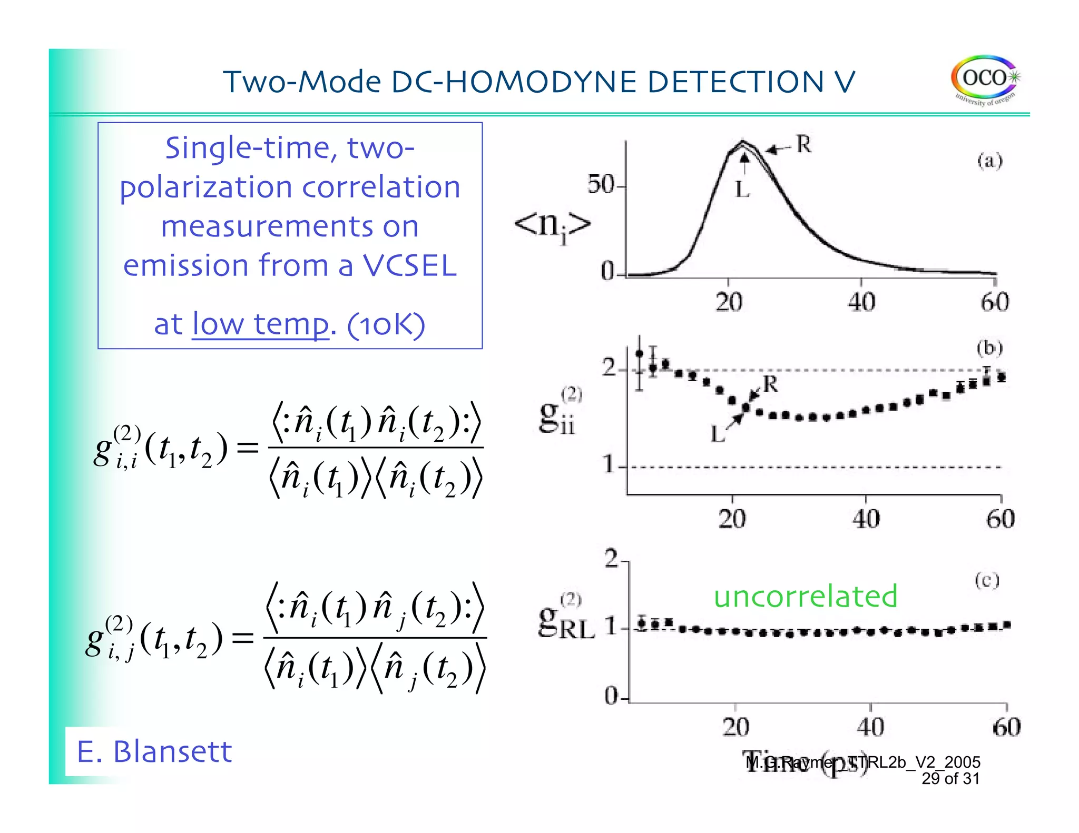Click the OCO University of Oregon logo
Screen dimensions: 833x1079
[985, 80]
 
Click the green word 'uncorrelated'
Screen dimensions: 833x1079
[805, 596]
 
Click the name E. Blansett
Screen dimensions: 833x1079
[154, 751]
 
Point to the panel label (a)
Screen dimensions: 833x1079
[989, 160]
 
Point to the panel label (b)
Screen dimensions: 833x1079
[989, 348]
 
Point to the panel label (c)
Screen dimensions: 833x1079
[986, 580]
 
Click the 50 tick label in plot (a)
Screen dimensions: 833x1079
[602, 185]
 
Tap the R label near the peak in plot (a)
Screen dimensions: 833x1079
[803, 144]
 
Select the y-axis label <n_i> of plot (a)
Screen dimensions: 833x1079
[552, 226]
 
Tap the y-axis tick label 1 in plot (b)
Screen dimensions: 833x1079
[609, 465]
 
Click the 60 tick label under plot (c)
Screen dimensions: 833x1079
[1006, 727]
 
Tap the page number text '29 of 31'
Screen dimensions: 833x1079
[950, 779]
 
